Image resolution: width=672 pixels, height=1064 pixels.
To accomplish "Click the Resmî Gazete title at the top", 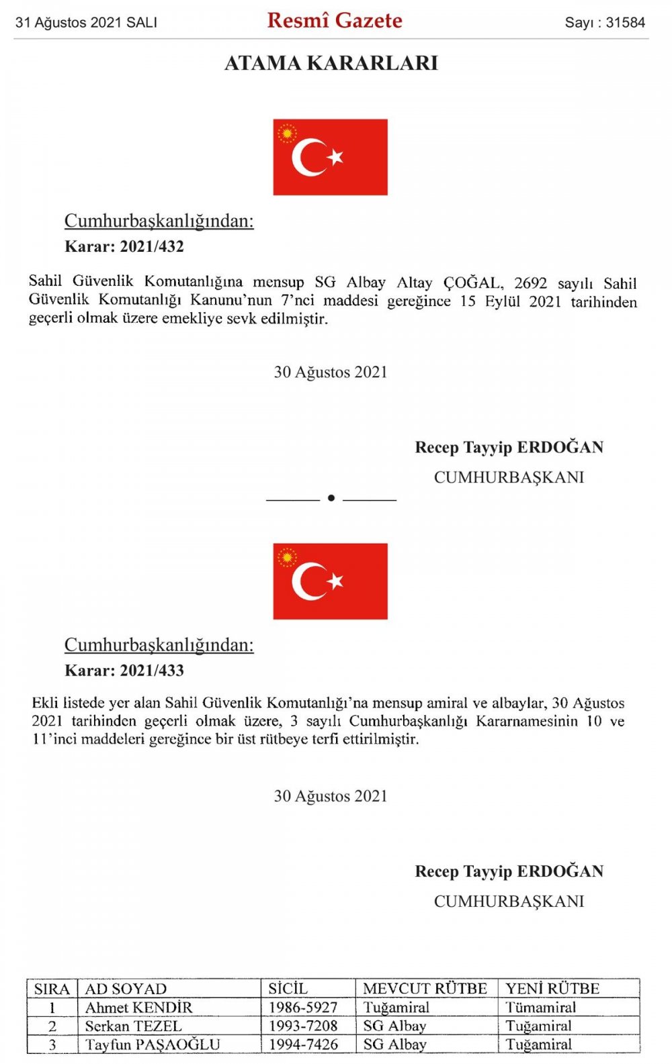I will [335, 21].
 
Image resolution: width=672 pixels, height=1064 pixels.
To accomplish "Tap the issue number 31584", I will [625, 22].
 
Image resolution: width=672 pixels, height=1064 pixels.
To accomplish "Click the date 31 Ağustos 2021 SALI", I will [86, 22].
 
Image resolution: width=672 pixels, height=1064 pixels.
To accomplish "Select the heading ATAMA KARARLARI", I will [331, 63].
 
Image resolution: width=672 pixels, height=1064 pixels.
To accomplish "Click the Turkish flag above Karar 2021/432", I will [330, 157].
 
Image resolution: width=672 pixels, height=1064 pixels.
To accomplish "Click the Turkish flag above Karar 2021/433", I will [330, 581].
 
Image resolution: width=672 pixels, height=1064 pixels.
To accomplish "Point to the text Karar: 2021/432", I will [124, 246].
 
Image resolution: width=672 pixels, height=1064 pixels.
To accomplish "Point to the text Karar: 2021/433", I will [124, 671].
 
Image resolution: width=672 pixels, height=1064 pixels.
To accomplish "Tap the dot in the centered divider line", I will [331, 498].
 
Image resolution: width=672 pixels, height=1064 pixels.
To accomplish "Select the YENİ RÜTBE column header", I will [552, 989].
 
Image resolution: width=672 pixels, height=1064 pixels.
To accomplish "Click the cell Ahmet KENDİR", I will [138, 1008].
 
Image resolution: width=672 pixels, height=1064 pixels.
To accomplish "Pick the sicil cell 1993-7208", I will [303, 1026].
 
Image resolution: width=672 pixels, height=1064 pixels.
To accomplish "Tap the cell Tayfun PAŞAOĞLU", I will [153, 1045].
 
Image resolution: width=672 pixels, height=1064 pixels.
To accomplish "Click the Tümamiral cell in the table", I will [541, 1008].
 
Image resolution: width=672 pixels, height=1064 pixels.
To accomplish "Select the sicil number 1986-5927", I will [303, 1008].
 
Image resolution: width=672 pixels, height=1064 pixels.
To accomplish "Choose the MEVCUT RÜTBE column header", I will [425, 989].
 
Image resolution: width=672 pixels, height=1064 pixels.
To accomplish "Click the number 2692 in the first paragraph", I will [531, 283].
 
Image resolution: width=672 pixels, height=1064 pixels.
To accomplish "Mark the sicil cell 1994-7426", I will [303, 1045].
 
